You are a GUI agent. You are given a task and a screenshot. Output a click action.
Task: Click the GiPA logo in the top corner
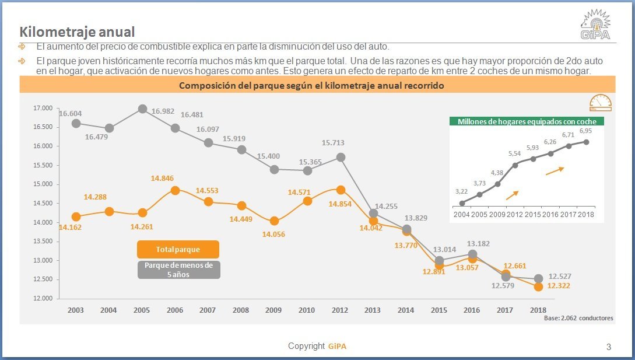click(595, 25)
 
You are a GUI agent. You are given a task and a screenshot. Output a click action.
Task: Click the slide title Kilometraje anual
click(77, 32)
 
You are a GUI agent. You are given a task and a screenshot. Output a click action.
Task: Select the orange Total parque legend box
click(178, 249)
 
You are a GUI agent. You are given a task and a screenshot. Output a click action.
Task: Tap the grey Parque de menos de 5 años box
click(179, 270)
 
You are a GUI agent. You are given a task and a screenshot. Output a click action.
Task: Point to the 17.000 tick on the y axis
click(43, 108)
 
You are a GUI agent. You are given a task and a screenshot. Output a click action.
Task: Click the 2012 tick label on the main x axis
click(341, 310)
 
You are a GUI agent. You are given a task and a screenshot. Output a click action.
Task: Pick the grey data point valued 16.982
click(142, 109)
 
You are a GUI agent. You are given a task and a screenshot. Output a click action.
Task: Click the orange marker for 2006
click(176, 190)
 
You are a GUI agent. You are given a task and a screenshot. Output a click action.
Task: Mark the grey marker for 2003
click(76, 123)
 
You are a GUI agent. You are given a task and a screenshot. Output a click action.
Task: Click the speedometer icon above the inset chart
click(600, 103)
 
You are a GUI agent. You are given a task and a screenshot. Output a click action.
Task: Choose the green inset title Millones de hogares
click(527, 122)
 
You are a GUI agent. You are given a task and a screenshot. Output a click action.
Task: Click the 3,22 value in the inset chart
click(461, 191)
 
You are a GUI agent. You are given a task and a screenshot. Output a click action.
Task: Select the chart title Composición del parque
click(311, 85)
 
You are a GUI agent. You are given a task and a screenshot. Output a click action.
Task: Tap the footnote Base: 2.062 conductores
click(578, 318)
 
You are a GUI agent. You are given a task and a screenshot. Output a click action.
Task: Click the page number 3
click(609, 347)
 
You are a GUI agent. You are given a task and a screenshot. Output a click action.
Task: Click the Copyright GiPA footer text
click(317, 347)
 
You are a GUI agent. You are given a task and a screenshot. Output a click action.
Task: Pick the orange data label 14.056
click(274, 234)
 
